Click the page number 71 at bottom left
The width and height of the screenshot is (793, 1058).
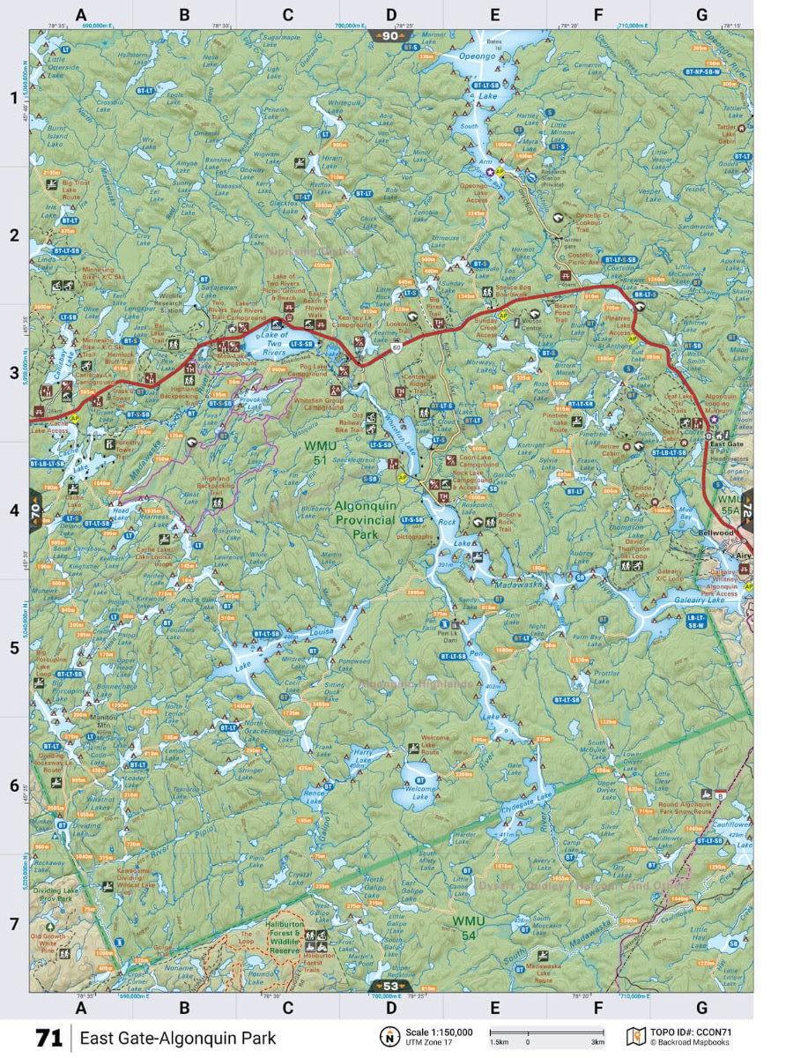[49, 1038]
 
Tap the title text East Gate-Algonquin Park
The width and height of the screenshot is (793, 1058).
[177, 1038]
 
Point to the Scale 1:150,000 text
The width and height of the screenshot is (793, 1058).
[439, 1032]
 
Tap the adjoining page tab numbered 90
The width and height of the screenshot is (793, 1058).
[390, 36]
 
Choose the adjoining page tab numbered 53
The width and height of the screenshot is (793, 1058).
[390, 986]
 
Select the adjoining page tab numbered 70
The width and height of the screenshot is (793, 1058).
[35, 509]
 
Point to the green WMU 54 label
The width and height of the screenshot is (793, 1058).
[469, 928]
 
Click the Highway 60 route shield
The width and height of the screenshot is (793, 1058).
[397, 349]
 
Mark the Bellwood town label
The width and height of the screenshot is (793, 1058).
[715, 534]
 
